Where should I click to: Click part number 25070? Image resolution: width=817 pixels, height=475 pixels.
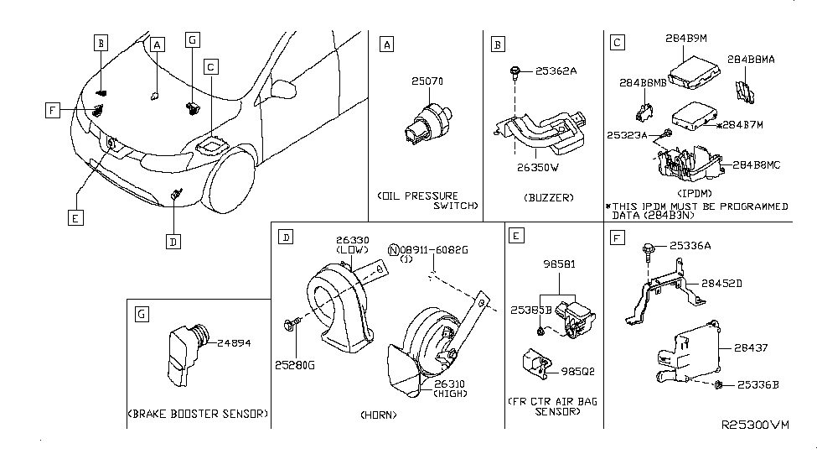[x=427, y=81]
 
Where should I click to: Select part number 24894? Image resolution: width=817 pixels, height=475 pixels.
[x=234, y=343]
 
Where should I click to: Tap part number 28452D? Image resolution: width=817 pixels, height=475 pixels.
[x=726, y=283]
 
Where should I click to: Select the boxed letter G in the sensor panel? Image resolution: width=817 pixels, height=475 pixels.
[x=141, y=314]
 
